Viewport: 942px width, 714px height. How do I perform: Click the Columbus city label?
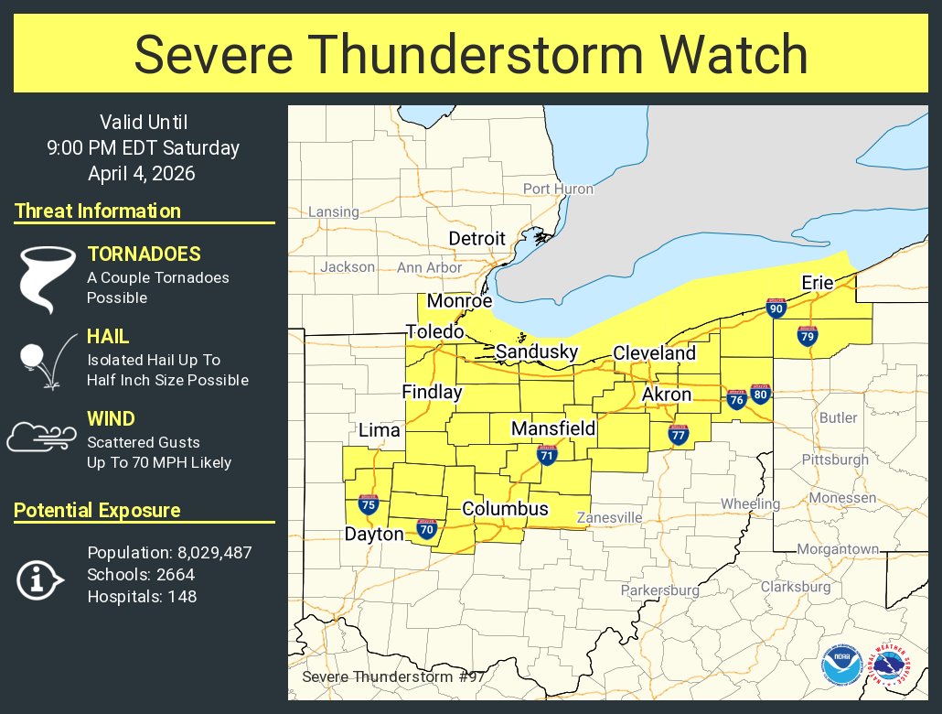pyautogui.click(x=505, y=509)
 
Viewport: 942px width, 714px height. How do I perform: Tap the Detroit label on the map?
pyautogui.click(x=476, y=238)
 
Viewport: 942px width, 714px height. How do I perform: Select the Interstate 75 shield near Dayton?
pyautogui.click(x=368, y=503)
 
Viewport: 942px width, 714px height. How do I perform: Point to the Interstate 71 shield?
pyautogui.click(x=547, y=454)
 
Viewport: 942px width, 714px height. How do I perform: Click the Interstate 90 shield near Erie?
pyautogui.click(x=776, y=308)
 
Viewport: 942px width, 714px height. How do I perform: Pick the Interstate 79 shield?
pyautogui.click(x=807, y=336)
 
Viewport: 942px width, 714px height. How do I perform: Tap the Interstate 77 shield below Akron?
pyautogui.click(x=678, y=436)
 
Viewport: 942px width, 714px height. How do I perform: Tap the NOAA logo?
pyautogui.click(x=840, y=665)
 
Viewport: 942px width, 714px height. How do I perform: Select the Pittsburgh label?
pyautogui.click(x=834, y=459)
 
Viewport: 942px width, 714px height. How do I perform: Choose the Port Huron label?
pyautogui.click(x=558, y=189)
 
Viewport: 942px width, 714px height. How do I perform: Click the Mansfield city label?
pyautogui.click(x=553, y=428)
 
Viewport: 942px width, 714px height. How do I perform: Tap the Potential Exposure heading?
pyautogui.click(x=97, y=511)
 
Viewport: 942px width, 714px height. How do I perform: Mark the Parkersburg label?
pyautogui.click(x=659, y=590)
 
